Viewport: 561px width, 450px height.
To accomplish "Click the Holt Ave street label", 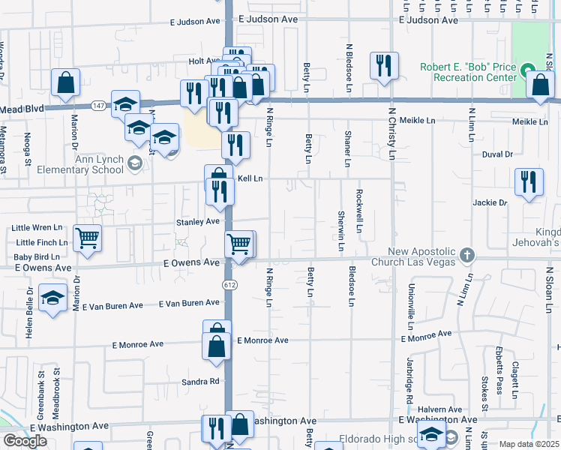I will click(x=204, y=61).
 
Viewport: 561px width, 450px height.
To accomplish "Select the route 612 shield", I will click(x=229, y=285).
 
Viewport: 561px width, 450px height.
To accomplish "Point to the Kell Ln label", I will click(x=250, y=178).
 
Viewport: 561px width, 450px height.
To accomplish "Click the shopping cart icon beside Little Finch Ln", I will click(x=87, y=239).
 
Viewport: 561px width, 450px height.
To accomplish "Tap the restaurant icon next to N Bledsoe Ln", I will click(x=384, y=65).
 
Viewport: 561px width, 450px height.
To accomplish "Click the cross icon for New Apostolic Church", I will click(x=466, y=256).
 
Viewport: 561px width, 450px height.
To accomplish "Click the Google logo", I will click(x=25, y=440).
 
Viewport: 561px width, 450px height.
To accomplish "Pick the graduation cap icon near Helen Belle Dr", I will click(x=52, y=299).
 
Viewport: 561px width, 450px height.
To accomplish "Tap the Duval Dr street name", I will click(x=497, y=154).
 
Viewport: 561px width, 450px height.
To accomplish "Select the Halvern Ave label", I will click(x=442, y=409).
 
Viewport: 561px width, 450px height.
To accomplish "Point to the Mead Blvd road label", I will click(x=22, y=109).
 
